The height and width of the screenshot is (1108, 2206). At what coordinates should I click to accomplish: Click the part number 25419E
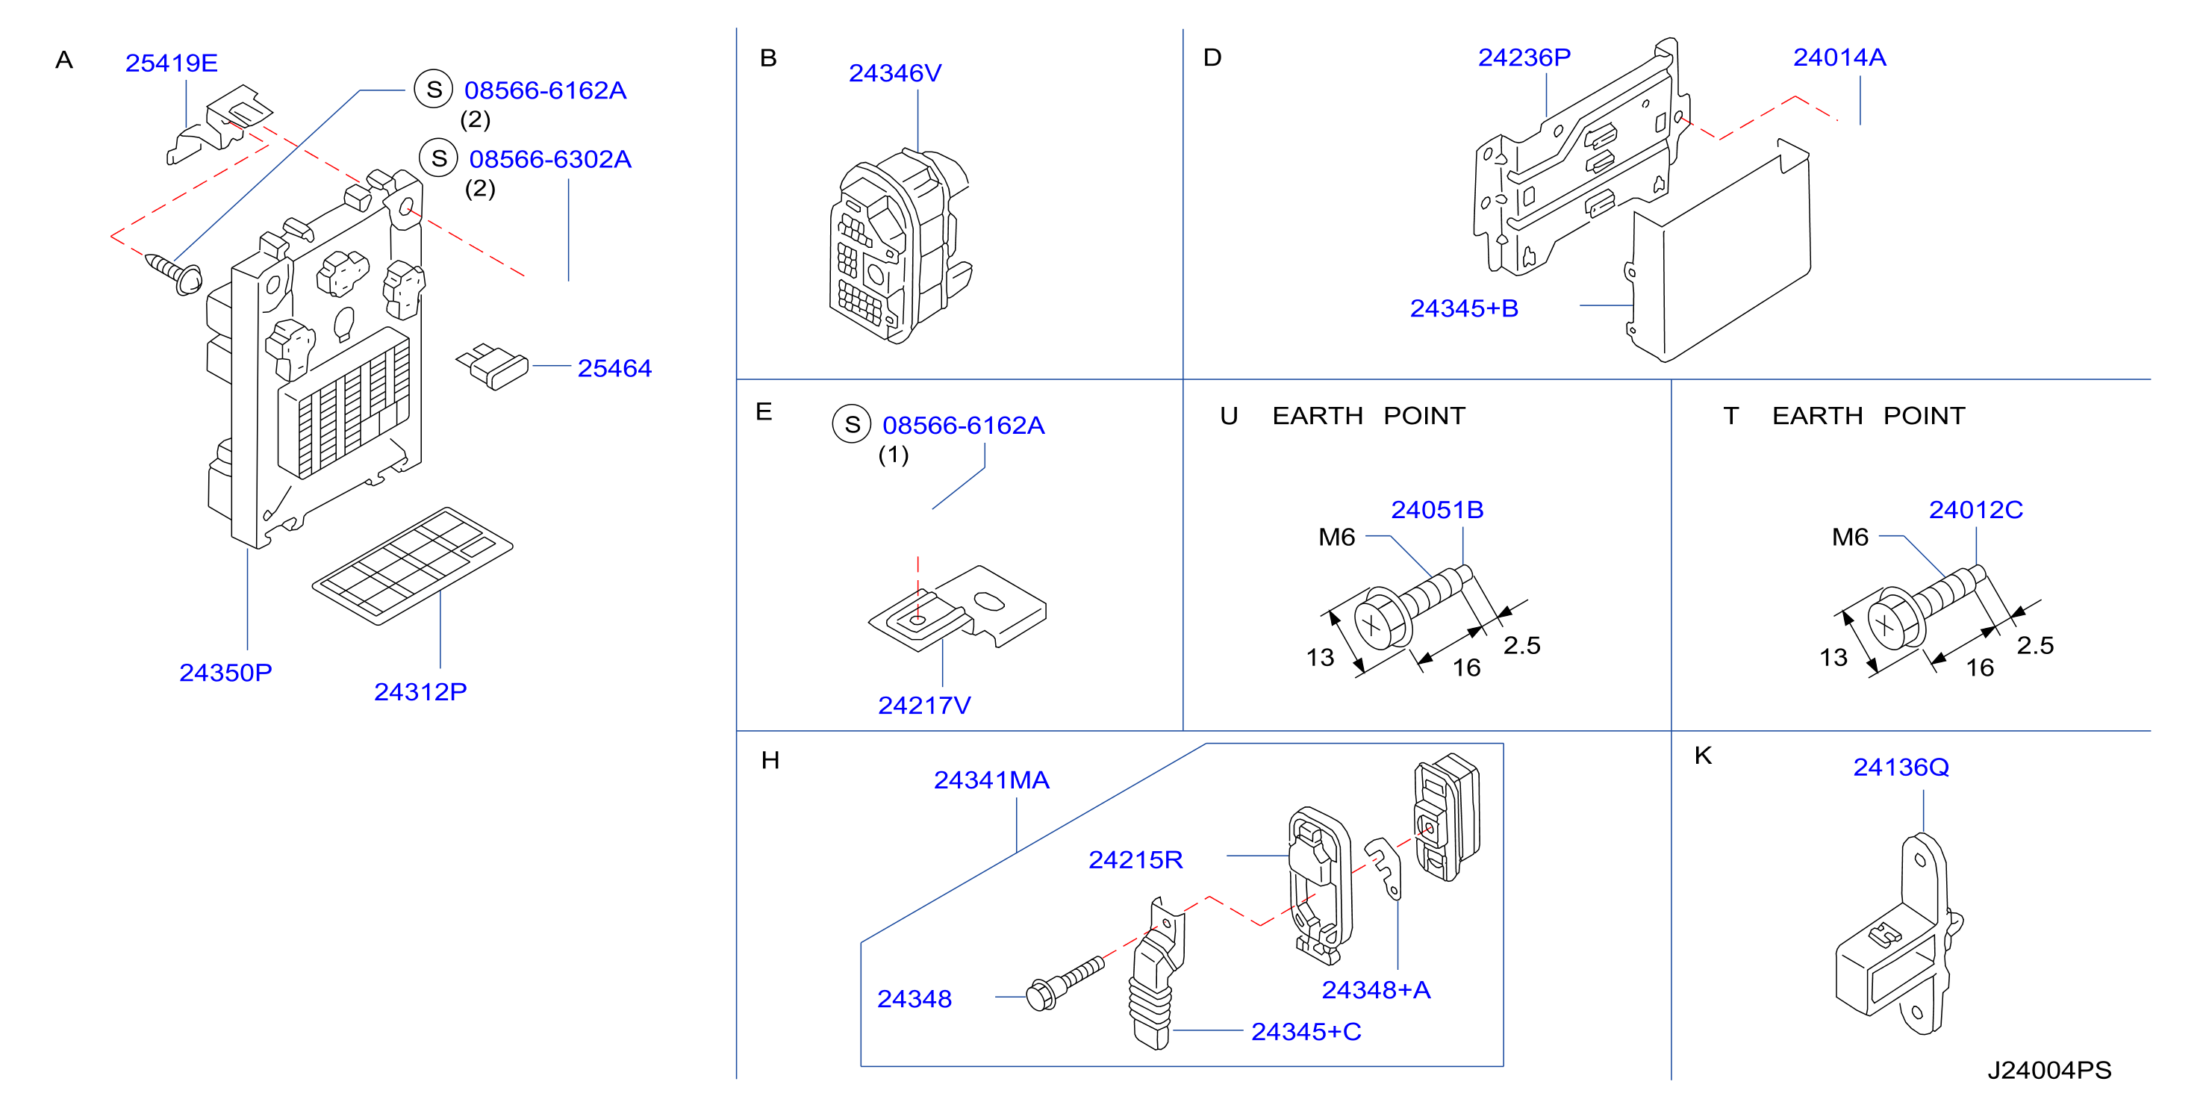click(x=171, y=63)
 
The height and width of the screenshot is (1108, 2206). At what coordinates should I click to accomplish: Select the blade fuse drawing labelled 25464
click(x=493, y=367)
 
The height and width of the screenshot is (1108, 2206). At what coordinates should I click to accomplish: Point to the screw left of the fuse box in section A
click(x=174, y=273)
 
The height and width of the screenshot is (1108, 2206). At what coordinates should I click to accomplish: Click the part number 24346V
click(x=895, y=72)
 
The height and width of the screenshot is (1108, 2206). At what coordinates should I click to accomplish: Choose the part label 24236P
click(x=1524, y=57)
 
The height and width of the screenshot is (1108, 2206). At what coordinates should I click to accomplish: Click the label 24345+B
click(x=1465, y=308)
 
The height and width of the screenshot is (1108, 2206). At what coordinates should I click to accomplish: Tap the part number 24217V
click(x=924, y=705)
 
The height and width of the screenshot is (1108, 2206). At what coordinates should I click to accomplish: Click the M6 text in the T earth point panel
click(x=1850, y=537)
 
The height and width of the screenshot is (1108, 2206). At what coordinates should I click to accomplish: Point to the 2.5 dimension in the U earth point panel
click(x=1521, y=645)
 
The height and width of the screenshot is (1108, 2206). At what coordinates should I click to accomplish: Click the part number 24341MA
click(x=991, y=780)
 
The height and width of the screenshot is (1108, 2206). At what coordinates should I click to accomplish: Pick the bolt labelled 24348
click(x=1065, y=984)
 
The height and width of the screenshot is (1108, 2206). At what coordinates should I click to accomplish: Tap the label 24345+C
click(x=1306, y=1032)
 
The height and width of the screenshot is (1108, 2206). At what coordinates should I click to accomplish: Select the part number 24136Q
click(x=1901, y=768)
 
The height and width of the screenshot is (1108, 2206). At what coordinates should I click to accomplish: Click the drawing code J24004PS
click(x=2049, y=1071)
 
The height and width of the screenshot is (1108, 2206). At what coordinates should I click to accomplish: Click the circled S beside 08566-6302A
click(x=438, y=158)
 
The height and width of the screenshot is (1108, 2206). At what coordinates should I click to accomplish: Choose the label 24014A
click(x=1839, y=57)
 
